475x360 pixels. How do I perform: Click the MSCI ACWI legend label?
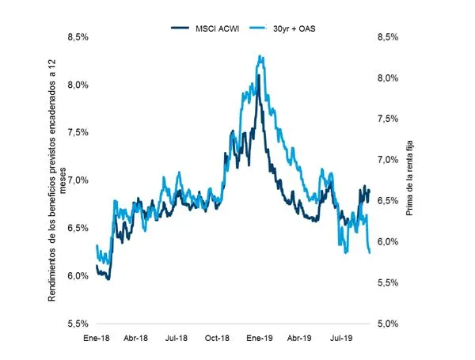click(217, 28)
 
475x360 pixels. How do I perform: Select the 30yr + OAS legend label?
click(294, 28)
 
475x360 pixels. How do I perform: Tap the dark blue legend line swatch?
click(180, 28)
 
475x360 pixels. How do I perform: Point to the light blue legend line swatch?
click(258, 28)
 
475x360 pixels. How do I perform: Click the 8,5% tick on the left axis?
click(78, 37)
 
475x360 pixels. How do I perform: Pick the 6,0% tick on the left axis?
click(78, 276)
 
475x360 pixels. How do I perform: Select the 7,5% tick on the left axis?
click(78, 133)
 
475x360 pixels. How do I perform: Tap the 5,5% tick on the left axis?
click(78, 324)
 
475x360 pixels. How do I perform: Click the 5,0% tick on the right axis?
click(388, 324)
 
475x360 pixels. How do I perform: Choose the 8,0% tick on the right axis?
click(388, 78)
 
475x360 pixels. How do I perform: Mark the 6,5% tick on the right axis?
click(388, 201)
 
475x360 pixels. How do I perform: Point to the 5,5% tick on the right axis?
click(388, 283)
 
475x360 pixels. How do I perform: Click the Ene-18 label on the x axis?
click(97, 338)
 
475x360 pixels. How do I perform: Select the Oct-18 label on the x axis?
click(217, 338)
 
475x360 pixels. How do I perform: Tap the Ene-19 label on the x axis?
click(260, 338)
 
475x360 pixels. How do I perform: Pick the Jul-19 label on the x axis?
click(341, 338)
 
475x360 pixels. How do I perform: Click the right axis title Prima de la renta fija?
click(409, 178)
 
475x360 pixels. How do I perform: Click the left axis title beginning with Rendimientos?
click(57, 180)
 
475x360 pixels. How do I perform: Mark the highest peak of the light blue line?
click(260, 55)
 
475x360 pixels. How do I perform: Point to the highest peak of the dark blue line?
click(259, 75)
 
